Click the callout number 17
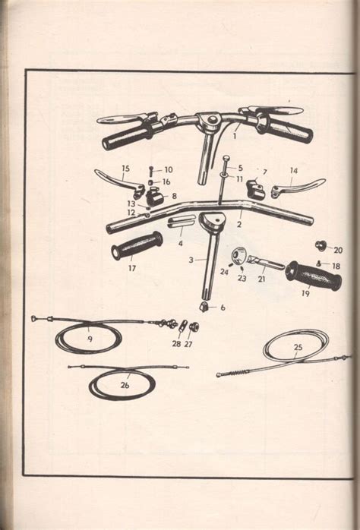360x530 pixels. pyautogui.click(x=132, y=268)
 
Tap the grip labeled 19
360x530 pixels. pyautogui.click(x=314, y=276)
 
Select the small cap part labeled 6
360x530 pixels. pyautogui.click(x=204, y=308)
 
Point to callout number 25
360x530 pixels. pyautogui.click(x=298, y=347)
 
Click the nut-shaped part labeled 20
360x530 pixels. pyautogui.click(x=319, y=245)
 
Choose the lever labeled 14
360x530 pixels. pyautogui.click(x=298, y=187)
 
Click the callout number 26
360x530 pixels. pyautogui.click(x=125, y=385)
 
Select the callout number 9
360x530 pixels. pyautogui.click(x=90, y=339)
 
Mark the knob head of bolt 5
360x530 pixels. pyautogui.click(x=226, y=158)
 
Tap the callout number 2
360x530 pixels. pyautogui.click(x=239, y=224)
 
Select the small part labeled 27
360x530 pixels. pyautogui.click(x=194, y=327)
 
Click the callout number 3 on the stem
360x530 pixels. pyautogui.click(x=191, y=260)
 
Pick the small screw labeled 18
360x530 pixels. pyautogui.click(x=319, y=263)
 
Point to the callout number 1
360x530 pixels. pyautogui.click(x=234, y=136)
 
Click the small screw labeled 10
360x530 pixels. pyautogui.click(x=151, y=172)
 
